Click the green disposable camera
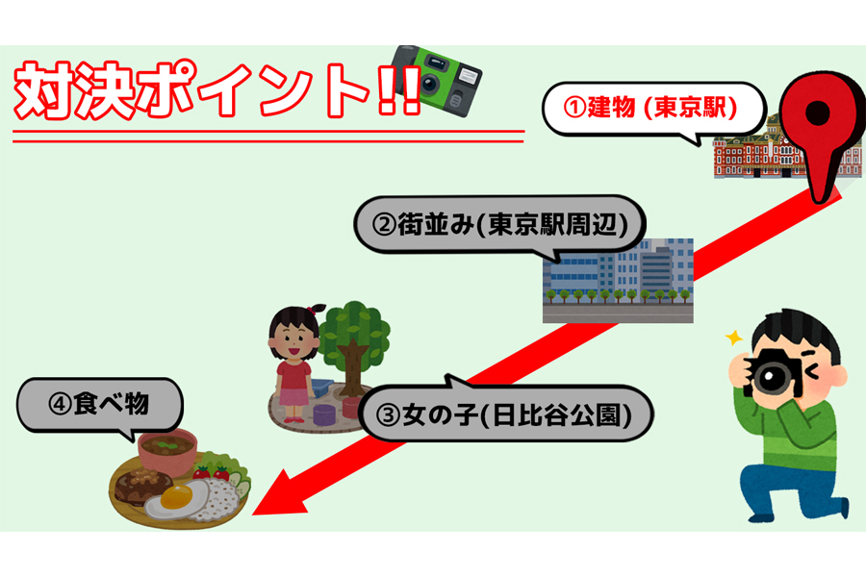[x=437, y=80]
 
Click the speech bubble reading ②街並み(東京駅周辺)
[x=499, y=226]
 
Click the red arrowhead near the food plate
[x=279, y=494]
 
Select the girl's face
[x=293, y=338]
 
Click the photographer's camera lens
[x=770, y=377]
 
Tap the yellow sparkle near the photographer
[x=734, y=337]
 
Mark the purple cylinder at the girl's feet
[x=324, y=414]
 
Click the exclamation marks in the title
[x=398, y=90]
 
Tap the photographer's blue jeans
[x=790, y=491]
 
